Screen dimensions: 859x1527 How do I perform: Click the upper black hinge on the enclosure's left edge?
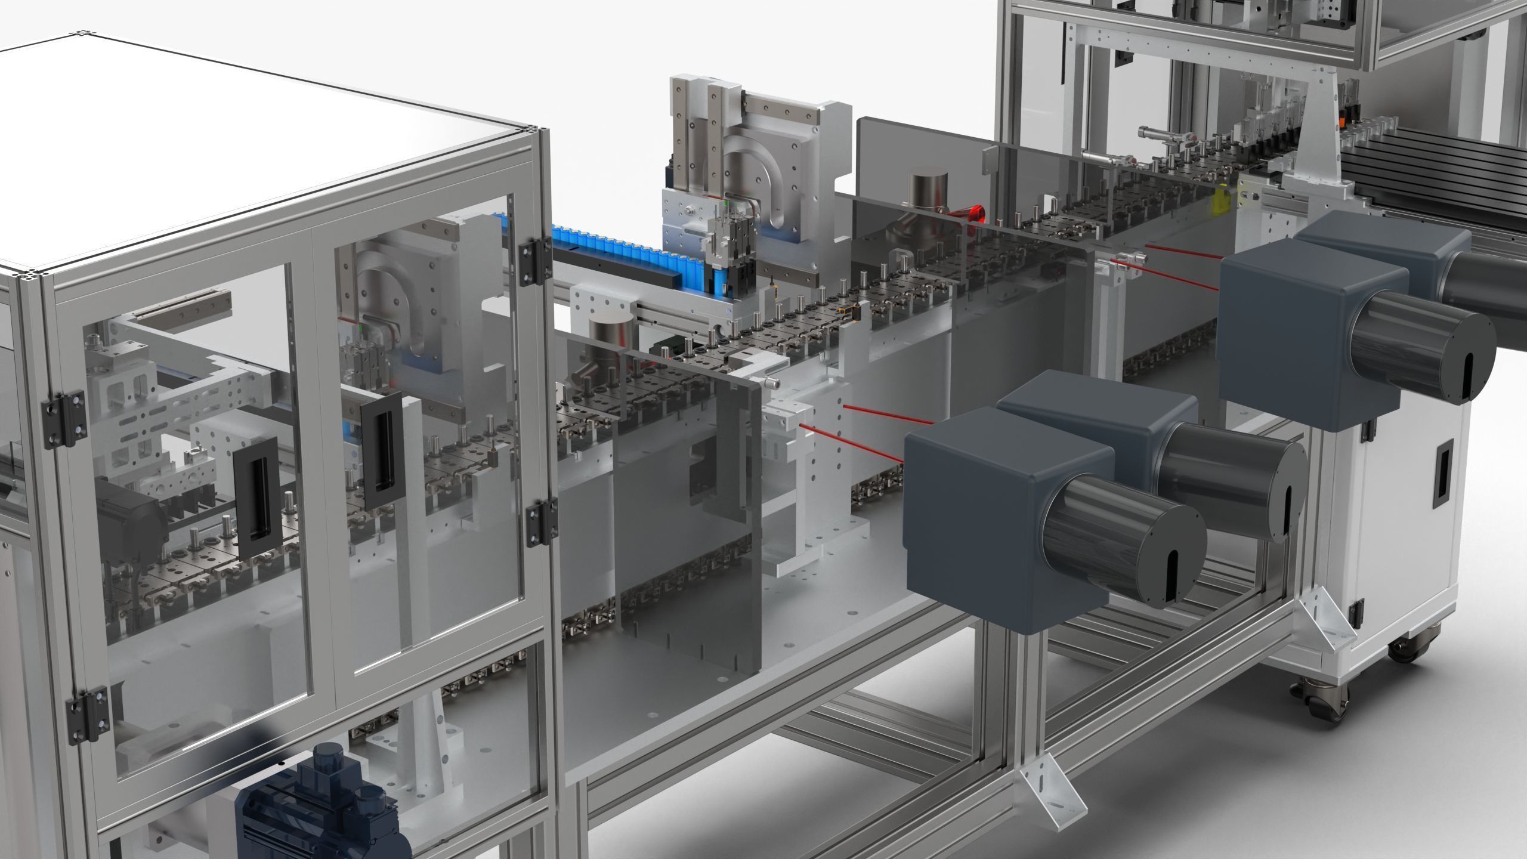point(64,419)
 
